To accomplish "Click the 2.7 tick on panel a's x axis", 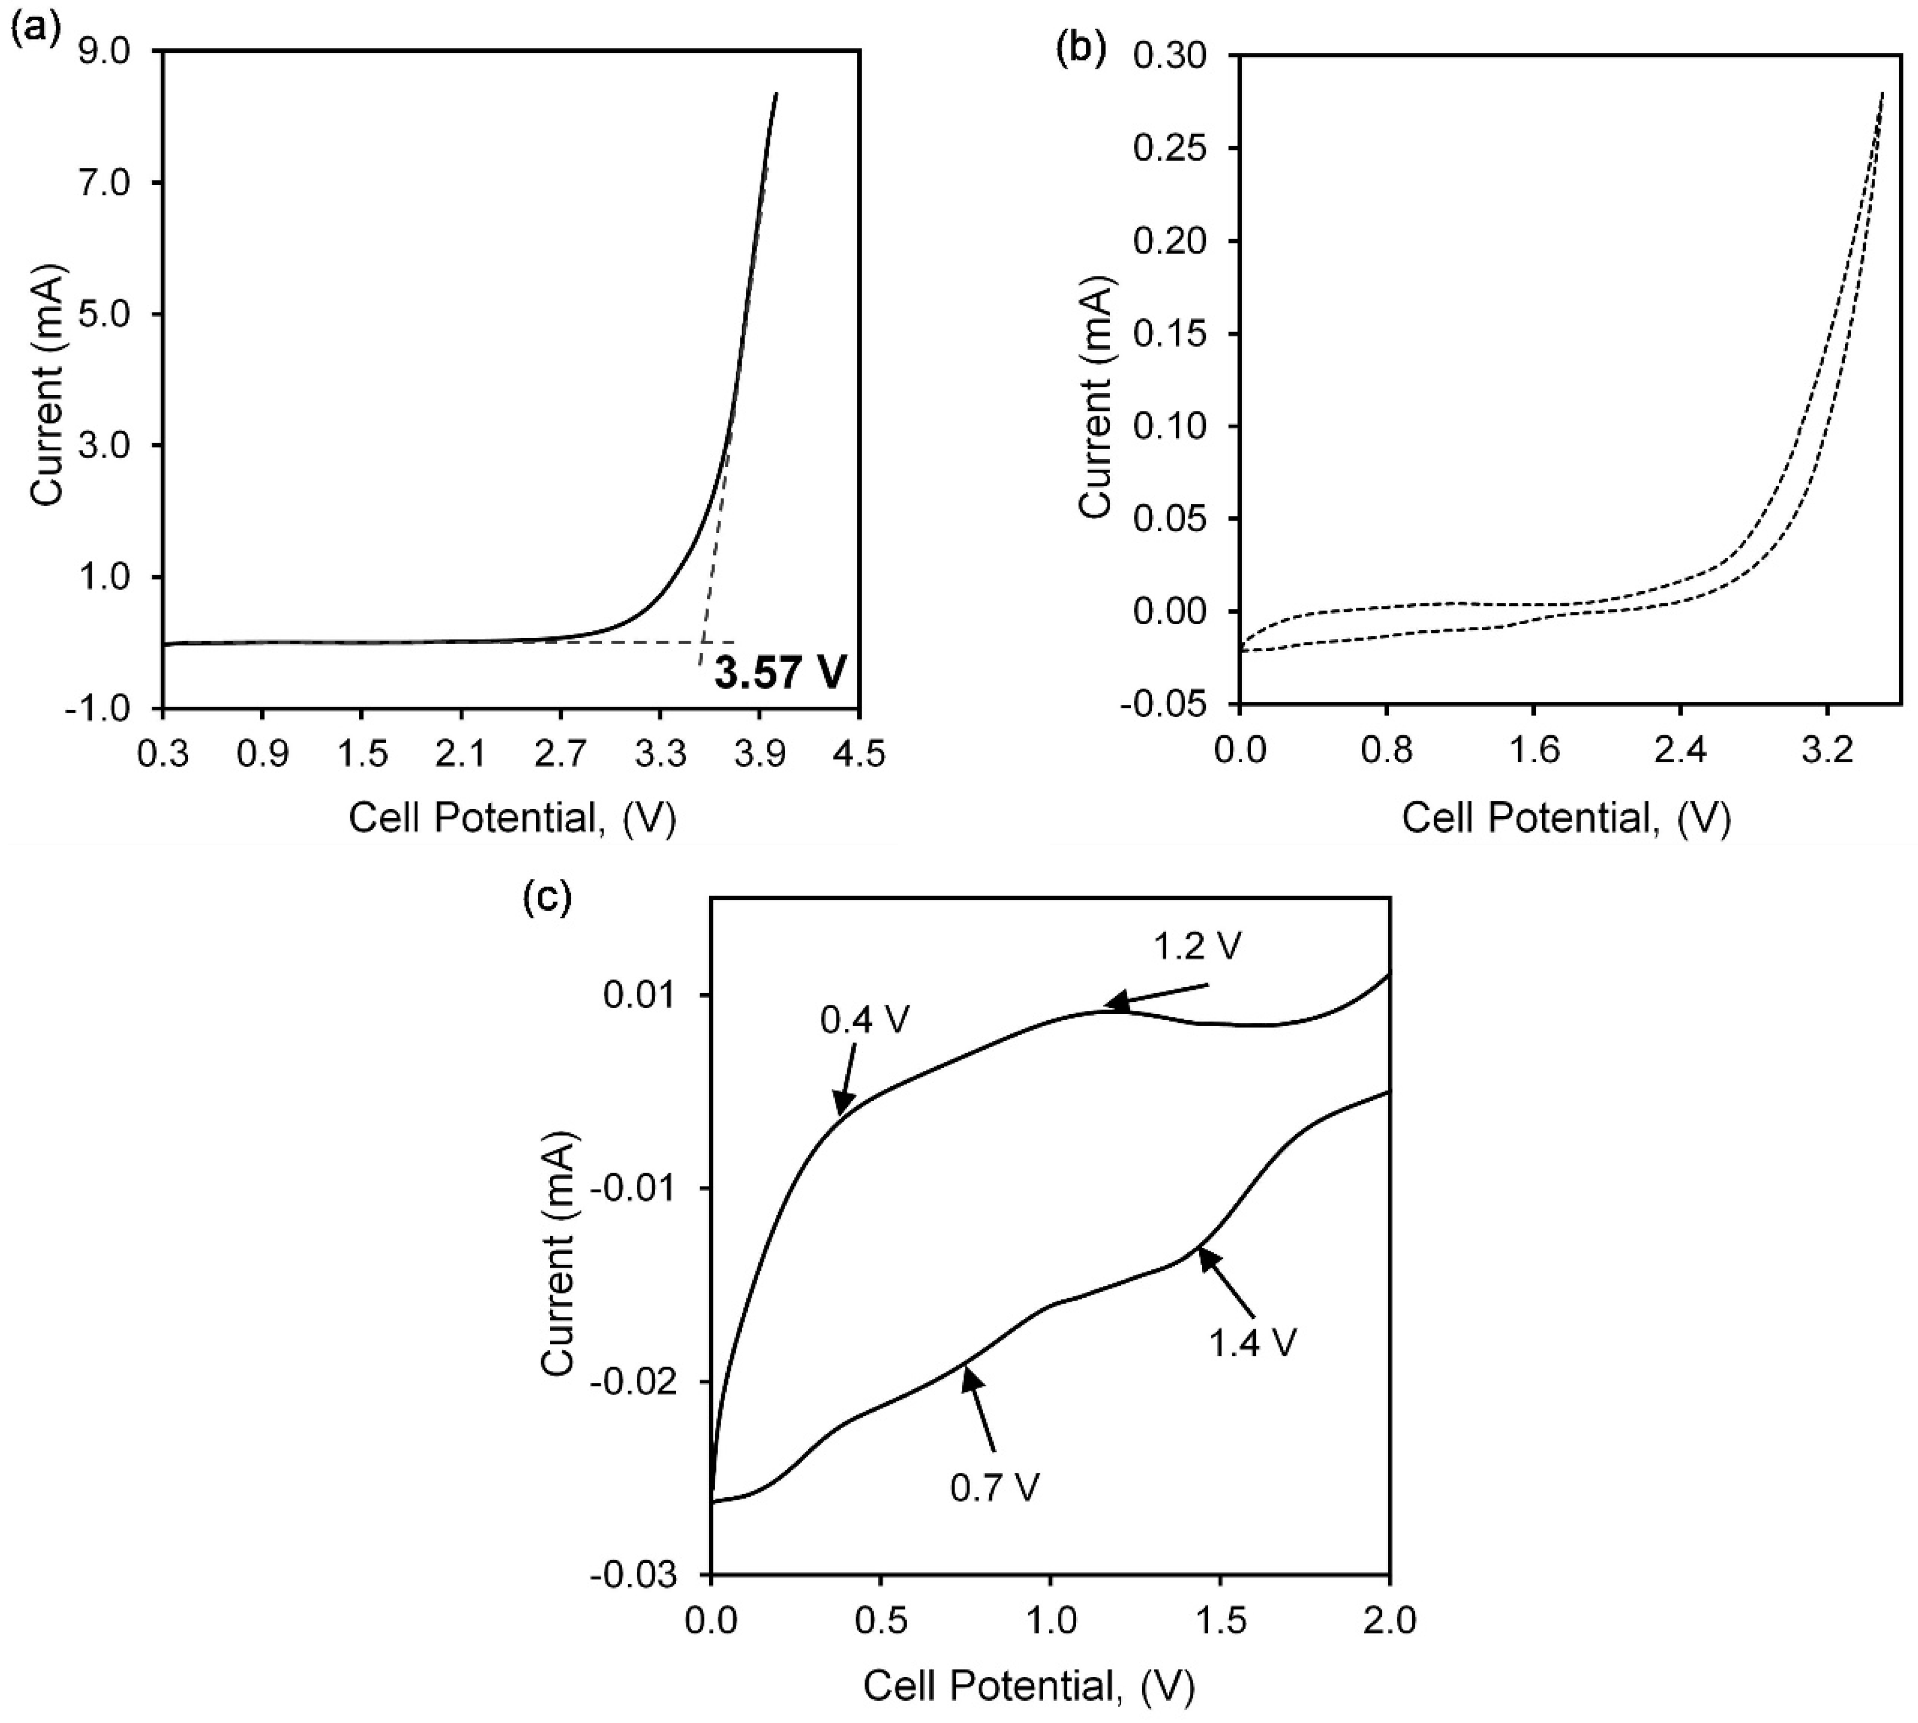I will pyautogui.click(x=559, y=755).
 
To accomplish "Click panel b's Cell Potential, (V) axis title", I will pyautogui.click(x=1566, y=817).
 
